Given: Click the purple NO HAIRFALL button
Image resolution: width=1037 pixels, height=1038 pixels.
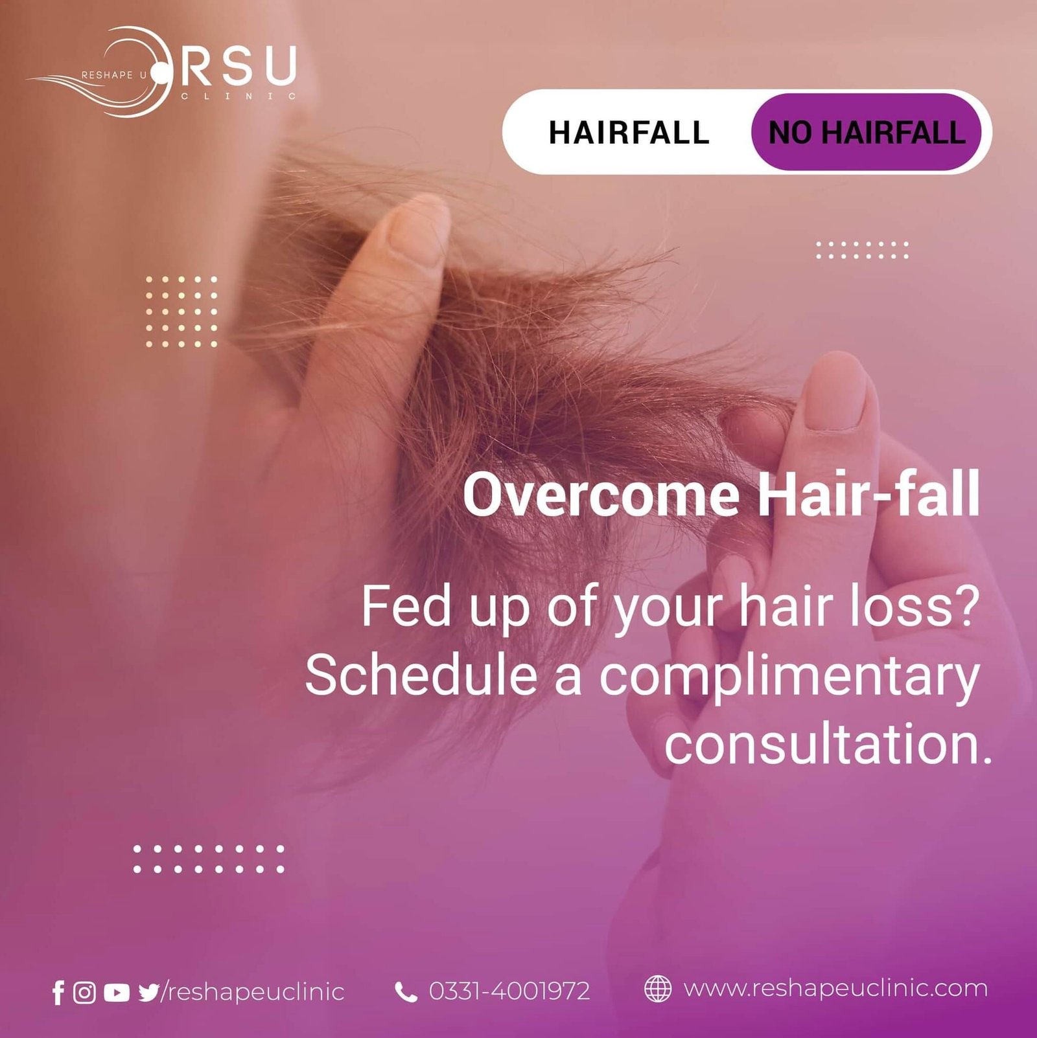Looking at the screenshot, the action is [866, 132].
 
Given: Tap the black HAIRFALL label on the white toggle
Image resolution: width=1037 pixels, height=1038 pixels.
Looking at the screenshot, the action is [629, 133].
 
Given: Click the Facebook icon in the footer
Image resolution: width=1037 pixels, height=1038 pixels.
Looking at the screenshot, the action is [58, 992].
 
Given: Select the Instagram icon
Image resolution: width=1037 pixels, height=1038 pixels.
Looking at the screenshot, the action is [84, 992].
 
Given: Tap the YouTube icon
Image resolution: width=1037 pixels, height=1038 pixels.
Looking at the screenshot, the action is [116, 992].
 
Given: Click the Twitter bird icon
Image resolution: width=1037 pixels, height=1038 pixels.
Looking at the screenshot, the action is [148, 992].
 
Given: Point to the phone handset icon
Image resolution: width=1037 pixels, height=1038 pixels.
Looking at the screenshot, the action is [406, 991].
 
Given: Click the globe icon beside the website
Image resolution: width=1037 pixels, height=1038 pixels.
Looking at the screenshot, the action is [658, 989].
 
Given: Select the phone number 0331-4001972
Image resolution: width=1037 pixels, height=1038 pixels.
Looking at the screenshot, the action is [509, 991].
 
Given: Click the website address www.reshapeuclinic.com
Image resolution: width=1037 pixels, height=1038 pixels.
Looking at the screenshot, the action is [835, 989].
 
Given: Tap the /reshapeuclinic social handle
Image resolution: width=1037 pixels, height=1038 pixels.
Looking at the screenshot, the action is [253, 992].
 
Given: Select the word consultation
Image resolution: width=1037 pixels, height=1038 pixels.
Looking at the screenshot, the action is [828, 745].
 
